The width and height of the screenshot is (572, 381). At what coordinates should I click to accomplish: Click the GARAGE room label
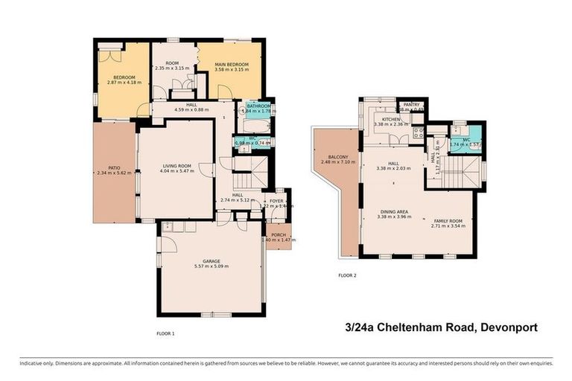(x=211, y=261)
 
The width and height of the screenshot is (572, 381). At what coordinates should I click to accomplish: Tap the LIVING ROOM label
(x=177, y=166)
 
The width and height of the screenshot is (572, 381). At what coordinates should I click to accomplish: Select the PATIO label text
(x=114, y=168)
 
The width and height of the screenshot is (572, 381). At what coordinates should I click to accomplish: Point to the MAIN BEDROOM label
(x=232, y=65)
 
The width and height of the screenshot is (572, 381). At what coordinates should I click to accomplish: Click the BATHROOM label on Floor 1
(x=258, y=106)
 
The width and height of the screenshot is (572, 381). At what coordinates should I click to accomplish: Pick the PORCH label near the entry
(x=279, y=234)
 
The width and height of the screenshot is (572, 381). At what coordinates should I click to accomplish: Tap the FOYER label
(x=277, y=200)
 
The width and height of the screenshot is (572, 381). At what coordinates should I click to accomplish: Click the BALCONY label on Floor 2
(x=334, y=157)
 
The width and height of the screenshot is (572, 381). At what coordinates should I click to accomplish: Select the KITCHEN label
(x=393, y=119)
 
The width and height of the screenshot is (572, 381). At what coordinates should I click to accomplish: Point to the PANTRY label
(x=411, y=105)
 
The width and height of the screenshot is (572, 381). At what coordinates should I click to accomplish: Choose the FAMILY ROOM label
(x=449, y=221)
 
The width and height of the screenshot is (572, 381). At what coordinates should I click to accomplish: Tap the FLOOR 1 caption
(x=165, y=333)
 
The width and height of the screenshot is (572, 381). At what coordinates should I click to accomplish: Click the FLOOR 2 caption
(x=347, y=275)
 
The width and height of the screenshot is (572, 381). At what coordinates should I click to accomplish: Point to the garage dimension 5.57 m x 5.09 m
(x=211, y=266)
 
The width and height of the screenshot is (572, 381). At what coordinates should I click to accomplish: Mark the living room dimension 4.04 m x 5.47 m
(x=177, y=171)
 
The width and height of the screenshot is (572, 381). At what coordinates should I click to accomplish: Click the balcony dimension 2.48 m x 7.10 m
(x=334, y=162)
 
